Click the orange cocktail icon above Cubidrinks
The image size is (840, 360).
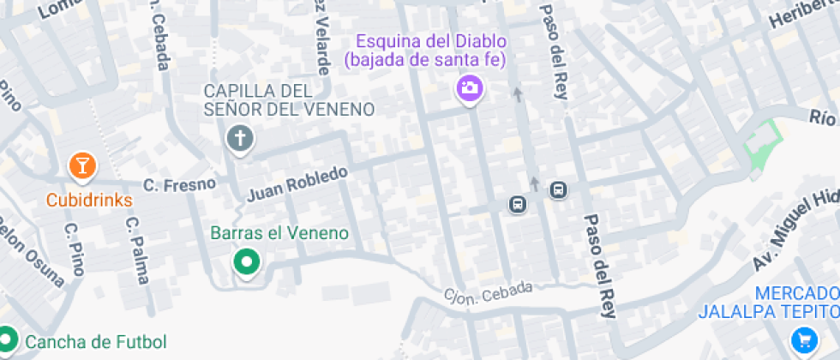81,166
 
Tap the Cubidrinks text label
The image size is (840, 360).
89,201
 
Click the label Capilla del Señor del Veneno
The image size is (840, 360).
289,100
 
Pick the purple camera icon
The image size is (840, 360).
468,87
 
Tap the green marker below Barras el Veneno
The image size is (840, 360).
248,262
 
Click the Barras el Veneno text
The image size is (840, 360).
279,233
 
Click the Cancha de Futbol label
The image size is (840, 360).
95,342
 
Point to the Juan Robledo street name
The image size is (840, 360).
297,183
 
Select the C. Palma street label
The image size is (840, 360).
136,249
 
